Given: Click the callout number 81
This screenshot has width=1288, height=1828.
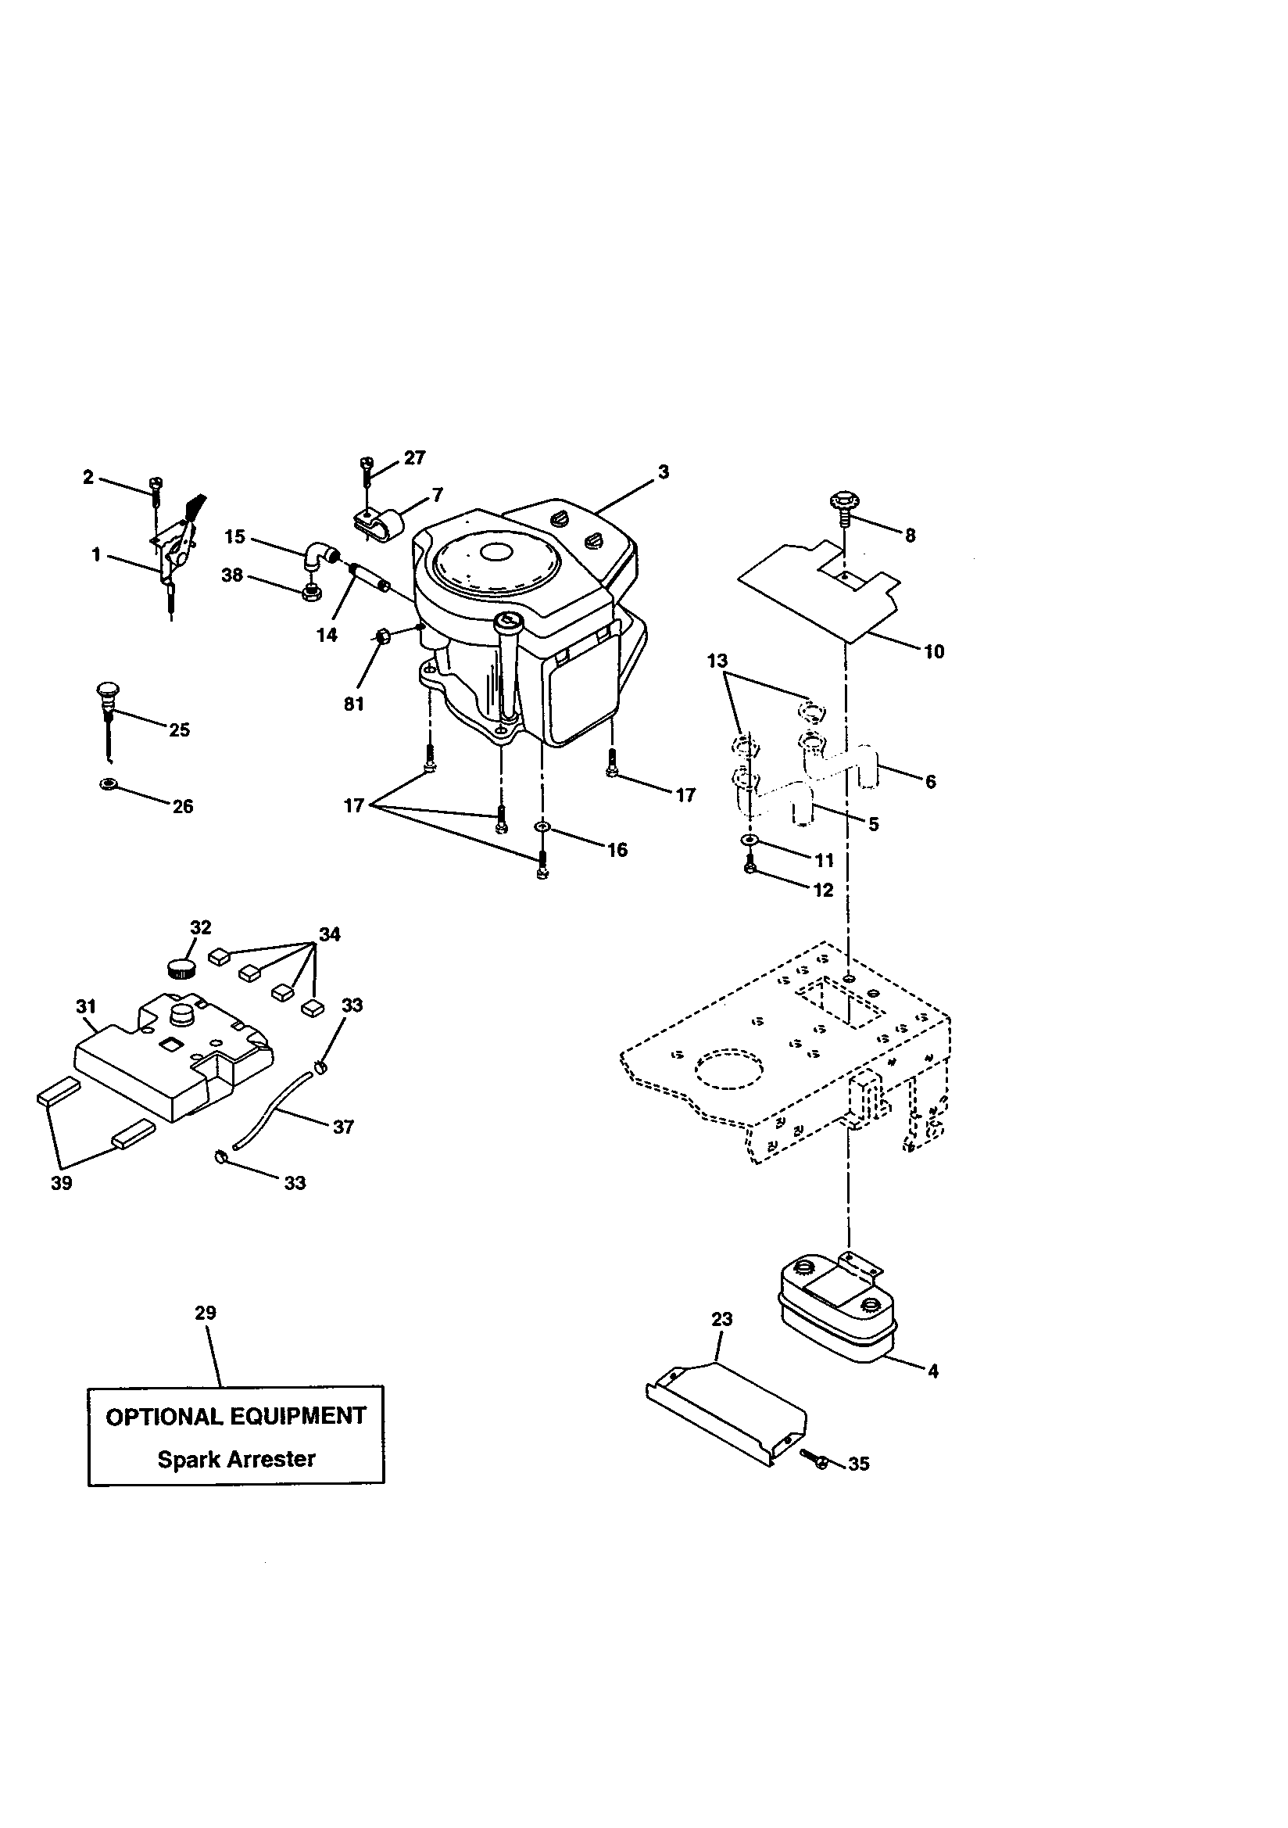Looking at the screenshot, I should [x=353, y=704].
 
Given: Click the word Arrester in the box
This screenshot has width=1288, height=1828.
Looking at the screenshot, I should [x=272, y=1460].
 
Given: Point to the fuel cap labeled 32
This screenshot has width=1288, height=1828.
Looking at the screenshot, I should [x=182, y=969].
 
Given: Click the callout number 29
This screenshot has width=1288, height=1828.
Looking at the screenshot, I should [x=206, y=1313].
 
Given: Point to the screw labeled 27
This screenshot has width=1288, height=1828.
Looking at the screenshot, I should [x=367, y=470].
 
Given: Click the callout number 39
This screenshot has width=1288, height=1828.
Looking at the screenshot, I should [x=61, y=1183].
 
